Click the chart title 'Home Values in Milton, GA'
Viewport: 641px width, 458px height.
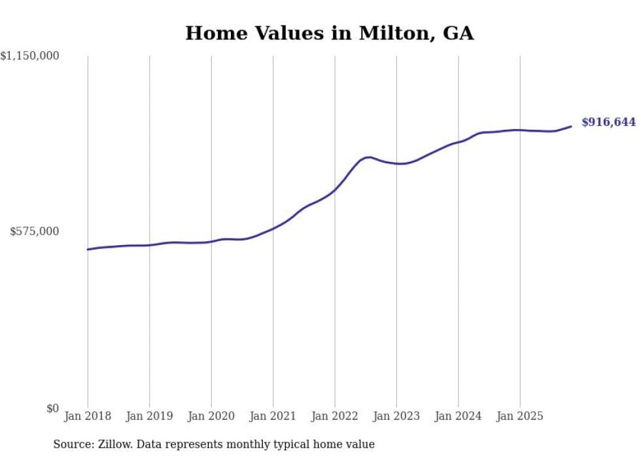click(329, 33)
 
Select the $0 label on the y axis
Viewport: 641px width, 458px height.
click(52, 408)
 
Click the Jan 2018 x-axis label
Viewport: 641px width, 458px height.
click(88, 416)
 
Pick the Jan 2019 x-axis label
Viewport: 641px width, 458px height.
click(149, 416)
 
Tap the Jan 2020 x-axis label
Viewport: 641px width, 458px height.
click(211, 416)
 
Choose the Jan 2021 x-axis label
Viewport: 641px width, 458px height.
click(273, 416)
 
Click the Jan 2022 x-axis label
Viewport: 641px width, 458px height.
click(335, 416)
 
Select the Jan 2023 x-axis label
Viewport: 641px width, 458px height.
click(396, 416)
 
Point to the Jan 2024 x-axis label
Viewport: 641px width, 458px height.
click(459, 416)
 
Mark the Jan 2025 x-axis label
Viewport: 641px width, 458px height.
click(520, 416)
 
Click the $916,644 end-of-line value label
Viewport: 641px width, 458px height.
click(608, 123)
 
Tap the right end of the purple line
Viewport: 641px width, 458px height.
click(571, 126)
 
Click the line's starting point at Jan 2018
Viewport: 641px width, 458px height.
click(88, 250)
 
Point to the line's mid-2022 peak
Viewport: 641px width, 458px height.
click(370, 157)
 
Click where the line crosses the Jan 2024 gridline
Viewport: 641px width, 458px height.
click(459, 142)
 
